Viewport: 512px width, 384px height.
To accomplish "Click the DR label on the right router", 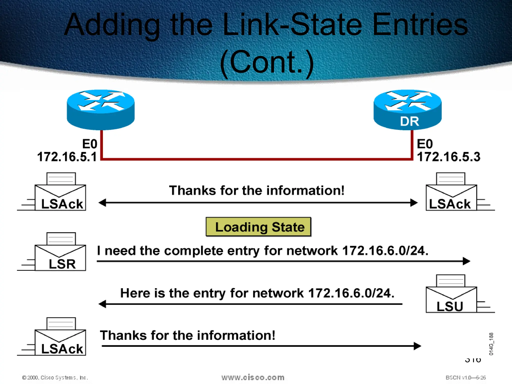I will pos(409,121).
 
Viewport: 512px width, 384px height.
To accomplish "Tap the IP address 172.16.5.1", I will pos(67,157).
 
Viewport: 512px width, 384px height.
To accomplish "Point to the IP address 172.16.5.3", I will pos(448,157).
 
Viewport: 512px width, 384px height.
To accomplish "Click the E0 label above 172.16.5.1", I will pos(90,144).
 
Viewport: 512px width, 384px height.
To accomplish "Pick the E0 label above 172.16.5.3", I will pos(425,144).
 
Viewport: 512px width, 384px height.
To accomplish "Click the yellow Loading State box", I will pos(258,227).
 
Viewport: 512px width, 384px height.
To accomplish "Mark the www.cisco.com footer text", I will pos(253,377).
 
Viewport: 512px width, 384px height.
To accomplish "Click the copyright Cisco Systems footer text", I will pos(55,377).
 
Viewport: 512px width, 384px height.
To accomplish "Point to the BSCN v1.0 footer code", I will pos(465,377).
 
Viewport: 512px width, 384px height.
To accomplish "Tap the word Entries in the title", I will pos(420,25).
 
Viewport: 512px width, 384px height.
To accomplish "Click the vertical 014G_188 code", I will pos(491,344).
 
